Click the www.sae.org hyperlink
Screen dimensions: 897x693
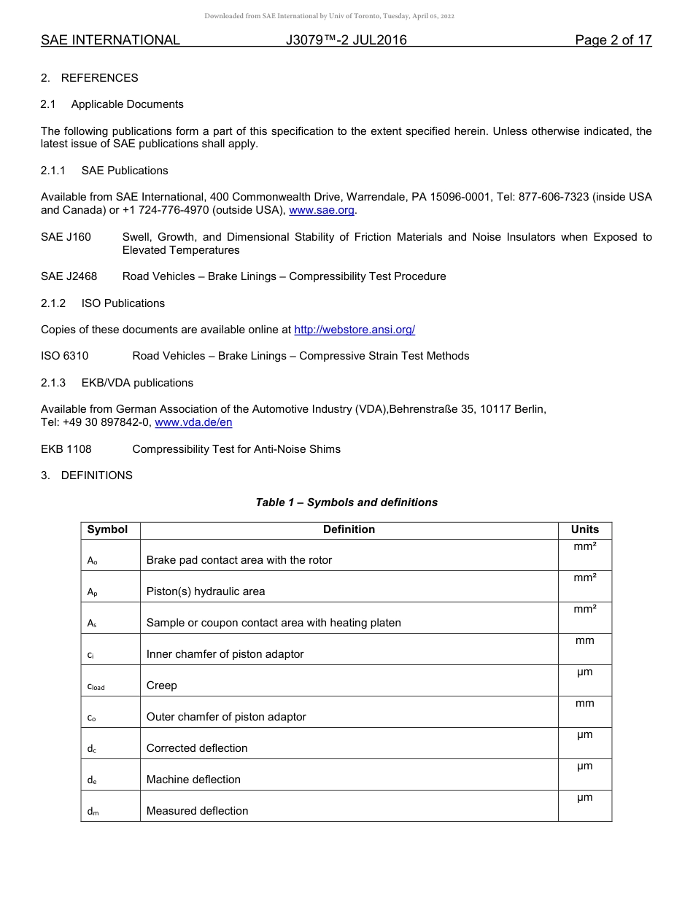coord(322,210)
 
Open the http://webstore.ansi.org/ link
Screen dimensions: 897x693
coord(355,330)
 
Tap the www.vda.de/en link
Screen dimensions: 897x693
coord(193,422)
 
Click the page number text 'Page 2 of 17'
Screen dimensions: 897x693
coord(613,40)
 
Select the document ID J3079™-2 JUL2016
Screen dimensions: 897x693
coord(346,40)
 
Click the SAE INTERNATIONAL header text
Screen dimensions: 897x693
coord(110,40)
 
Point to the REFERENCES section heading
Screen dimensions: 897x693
coord(99,78)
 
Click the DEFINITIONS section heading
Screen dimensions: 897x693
coord(96,475)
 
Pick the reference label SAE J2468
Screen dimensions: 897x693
coord(69,276)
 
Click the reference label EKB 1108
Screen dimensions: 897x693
coord(66,449)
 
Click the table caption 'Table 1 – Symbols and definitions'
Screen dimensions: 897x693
coord(346,502)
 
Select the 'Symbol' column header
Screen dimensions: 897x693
coord(107,530)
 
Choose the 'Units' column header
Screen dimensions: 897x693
coord(584,530)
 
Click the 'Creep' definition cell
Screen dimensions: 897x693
coord(162,686)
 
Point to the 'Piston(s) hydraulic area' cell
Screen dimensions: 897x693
coord(206,591)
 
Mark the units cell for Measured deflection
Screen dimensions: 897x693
coord(584,799)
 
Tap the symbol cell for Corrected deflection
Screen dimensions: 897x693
coord(91,748)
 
